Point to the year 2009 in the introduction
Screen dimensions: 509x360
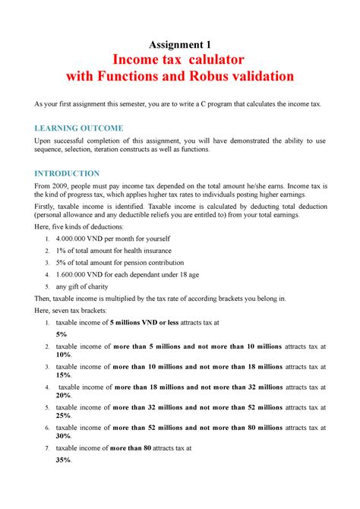point(58,186)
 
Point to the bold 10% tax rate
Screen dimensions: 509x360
point(63,354)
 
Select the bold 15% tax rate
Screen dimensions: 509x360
point(63,375)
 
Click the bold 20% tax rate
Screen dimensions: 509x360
point(63,396)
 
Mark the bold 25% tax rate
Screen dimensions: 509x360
point(63,416)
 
